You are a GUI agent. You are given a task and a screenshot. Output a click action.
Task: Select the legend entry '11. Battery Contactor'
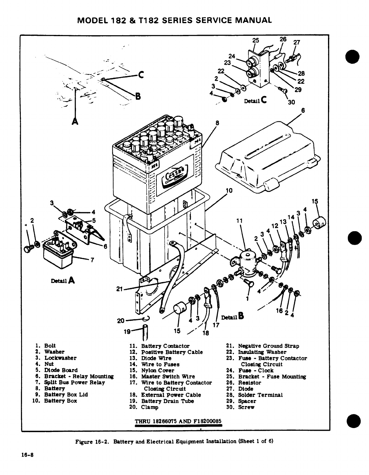tap(165, 346)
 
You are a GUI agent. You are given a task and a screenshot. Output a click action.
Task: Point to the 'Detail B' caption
tap(232, 316)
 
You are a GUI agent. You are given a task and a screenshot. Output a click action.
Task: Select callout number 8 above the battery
tap(217, 123)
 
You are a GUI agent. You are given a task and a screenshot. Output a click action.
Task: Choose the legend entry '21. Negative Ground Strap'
tap(263, 346)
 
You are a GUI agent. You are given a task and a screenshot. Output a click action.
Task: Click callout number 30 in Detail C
tap(291, 102)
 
